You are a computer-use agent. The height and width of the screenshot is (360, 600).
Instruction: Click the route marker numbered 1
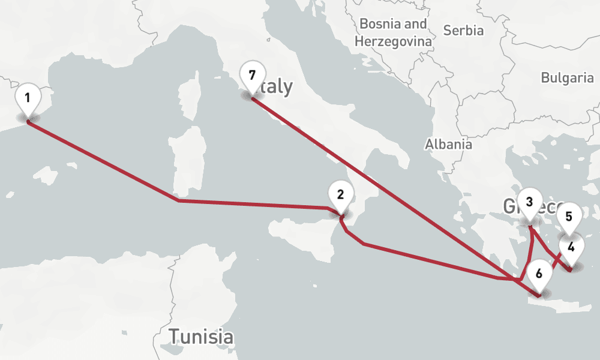28,97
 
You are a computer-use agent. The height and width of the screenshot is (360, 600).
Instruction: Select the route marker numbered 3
529,202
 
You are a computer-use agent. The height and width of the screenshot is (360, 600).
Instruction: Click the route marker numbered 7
252,76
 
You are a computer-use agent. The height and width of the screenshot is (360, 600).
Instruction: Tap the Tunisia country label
201,336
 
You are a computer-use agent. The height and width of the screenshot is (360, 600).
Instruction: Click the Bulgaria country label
567,77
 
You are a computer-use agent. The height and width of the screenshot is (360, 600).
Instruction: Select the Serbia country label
462,30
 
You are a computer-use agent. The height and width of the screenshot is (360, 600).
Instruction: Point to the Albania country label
448,144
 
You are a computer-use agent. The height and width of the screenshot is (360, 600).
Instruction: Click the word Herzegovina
393,41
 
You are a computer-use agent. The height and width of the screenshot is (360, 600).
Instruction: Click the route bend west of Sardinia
178,200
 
